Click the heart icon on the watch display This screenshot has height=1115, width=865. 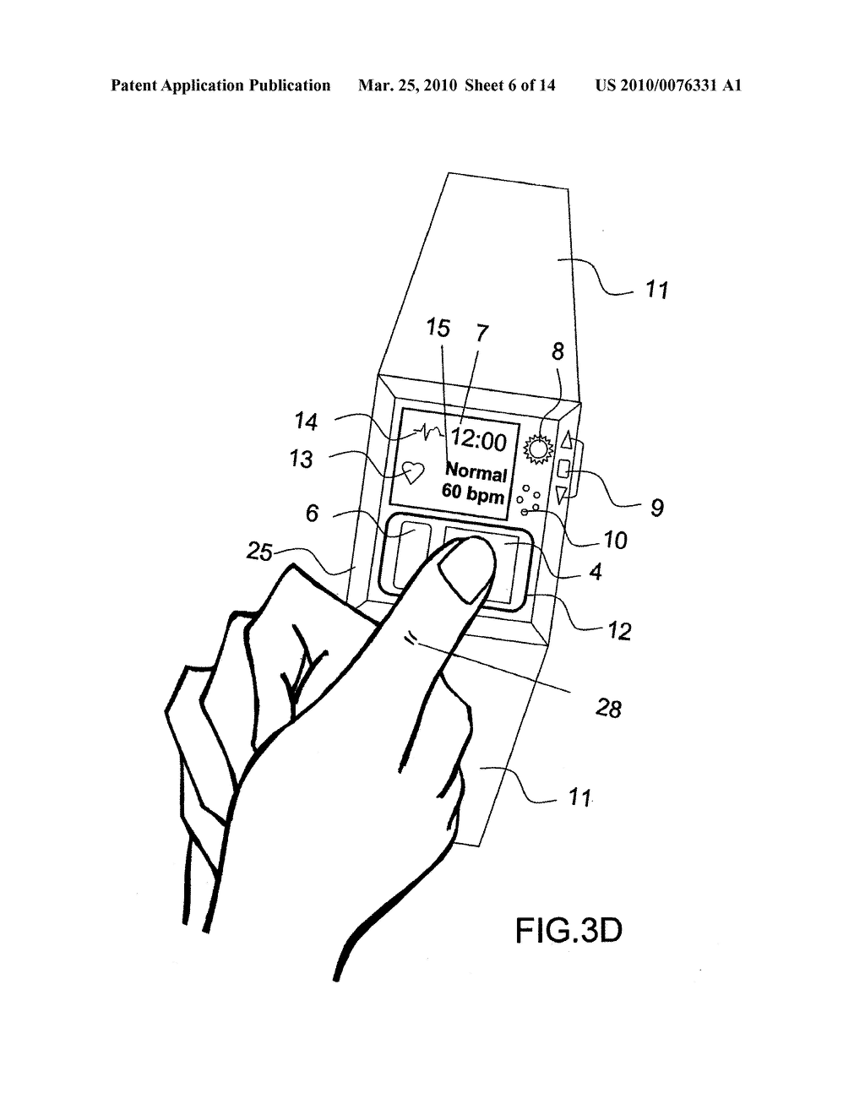[x=412, y=472]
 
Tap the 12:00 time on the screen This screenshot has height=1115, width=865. [x=478, y=441]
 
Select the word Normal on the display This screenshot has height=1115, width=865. [x=476, y=471]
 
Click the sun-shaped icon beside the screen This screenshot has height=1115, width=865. [x=538, y=449]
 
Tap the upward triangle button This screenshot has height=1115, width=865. [x=567, y=440]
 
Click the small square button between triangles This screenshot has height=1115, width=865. [x=563, y=467]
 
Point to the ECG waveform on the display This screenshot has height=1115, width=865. [x=428, y=432]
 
